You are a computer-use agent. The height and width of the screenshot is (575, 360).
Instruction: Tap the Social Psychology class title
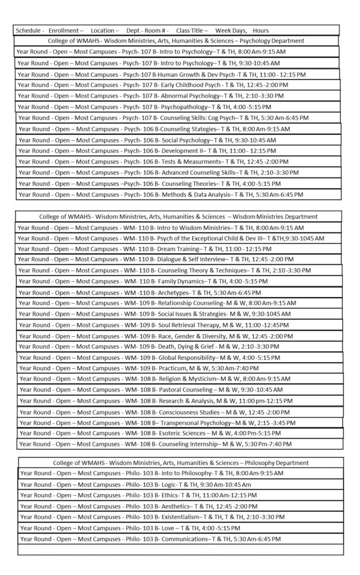pyautogui.click(x=188, y=140)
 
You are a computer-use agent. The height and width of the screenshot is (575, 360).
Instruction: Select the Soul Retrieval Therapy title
pyautogui.click(x=192, y=325)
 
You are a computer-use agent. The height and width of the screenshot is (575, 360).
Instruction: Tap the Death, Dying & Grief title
pyautogui.click(x=190, y=346)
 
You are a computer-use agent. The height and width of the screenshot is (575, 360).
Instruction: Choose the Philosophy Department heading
pyautogui.click(x=180, y=463)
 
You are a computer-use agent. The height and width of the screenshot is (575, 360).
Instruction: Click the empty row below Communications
pyautogui.click(x=180, y=550)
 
